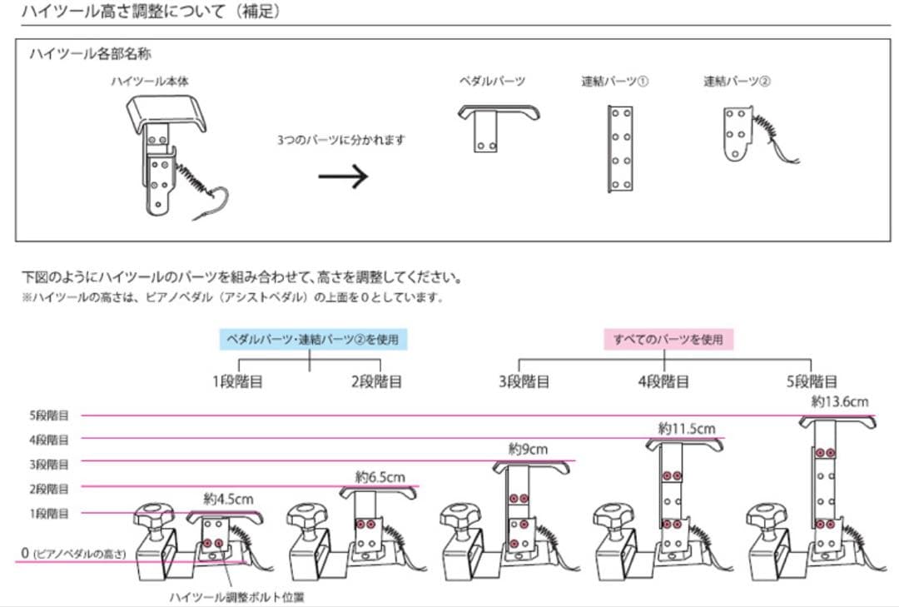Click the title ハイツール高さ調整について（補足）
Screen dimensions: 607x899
[151, 12]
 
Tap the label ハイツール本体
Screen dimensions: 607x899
[150, 82]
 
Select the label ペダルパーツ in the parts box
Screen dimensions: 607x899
[492, 82]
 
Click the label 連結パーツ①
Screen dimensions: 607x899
[615, 82]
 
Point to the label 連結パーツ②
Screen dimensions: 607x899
[737, 82]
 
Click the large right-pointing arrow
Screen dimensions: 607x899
[343, 176]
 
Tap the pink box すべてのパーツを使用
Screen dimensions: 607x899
[668, 340]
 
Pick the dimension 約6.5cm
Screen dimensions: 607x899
[380, 477]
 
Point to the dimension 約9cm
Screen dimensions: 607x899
[529, 450]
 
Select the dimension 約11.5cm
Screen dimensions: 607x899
[686, 429]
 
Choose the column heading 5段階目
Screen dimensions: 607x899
[811, 381]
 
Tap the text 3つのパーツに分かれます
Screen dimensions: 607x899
[341, 141]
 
